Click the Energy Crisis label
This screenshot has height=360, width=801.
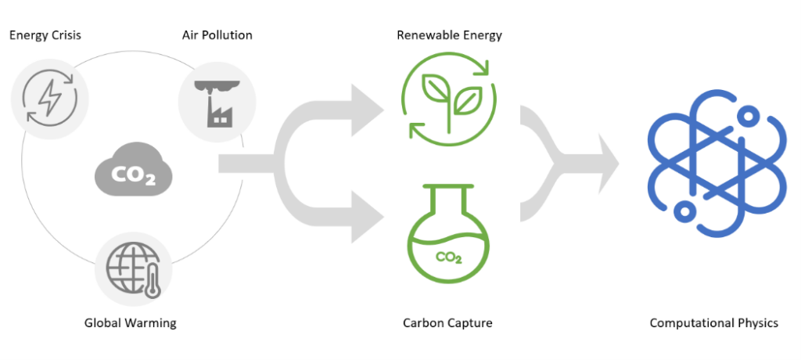click(45, 35)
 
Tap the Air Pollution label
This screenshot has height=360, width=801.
click(217, 35)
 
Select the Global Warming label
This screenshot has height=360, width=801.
click(131, 322)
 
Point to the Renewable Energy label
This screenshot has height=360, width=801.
click(449, 35)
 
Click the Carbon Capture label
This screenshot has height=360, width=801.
click(448, 322)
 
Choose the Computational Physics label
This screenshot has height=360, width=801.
click(714, 322)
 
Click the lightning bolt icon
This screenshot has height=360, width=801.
click(45, 99)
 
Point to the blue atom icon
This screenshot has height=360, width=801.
click(714, 171)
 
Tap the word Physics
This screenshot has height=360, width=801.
click(757, 322)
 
